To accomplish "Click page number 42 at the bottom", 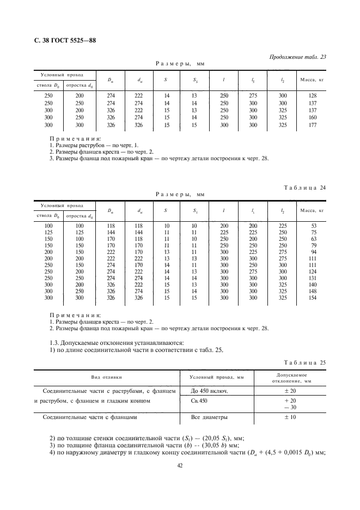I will pos(180,465).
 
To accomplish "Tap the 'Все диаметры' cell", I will pos(209,418).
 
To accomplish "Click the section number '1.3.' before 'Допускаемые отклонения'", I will pos(55,342).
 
